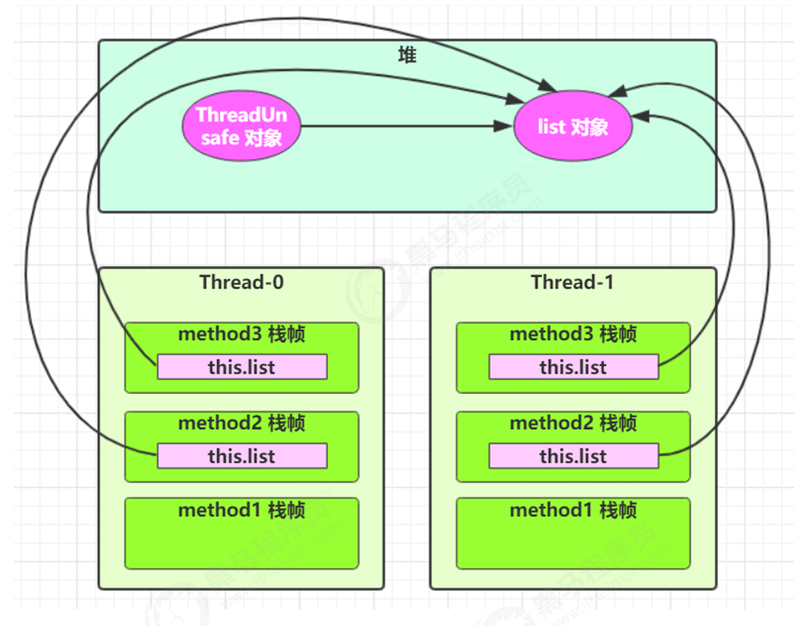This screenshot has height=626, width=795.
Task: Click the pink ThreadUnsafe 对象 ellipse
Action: pyautogui.click(x=241, y=127)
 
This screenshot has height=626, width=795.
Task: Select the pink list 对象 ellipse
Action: pyautogui.click(x=573, y=127)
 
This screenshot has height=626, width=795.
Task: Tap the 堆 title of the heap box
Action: pyautogui.click(x=407, y=55)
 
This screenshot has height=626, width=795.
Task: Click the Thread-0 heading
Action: pyautogui.click(x=241, y=282)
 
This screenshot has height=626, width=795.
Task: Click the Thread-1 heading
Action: pyautogui.click(x=573, y=282)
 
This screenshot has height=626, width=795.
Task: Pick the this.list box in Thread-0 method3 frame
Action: pyautogui.click(x=242, y=368)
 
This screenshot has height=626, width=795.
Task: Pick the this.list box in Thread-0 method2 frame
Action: pyautogui.click(x=242, y=456)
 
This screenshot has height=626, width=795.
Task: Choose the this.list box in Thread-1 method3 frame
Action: pyautogui.click(x=573, y=368)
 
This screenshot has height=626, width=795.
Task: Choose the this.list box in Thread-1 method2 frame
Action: pyautogui.click(x=573, y=456)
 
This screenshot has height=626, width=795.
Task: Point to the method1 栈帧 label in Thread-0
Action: pyautogui.click(x=241, y=511)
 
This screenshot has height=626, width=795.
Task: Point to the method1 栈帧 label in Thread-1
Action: pyautogui.click(x=573, y=511)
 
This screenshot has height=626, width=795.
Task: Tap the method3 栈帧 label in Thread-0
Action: pyautogui.click(x=241, y=335)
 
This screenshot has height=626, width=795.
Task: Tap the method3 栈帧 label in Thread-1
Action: pyautogui.click(x=573, y=335)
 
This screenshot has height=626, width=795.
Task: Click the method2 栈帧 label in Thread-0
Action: pyautogui.click(x=241, y=423)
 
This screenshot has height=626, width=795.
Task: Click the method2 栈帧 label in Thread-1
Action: pyautogui.click(x=573, y=423)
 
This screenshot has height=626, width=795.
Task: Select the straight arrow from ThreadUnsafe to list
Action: pyautogui.click(x=396, y=127)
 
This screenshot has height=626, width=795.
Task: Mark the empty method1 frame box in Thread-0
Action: pyautogui.click(x=241, y=542)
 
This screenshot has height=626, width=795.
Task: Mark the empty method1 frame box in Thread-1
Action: pyautogui.click(x=573, y=542)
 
